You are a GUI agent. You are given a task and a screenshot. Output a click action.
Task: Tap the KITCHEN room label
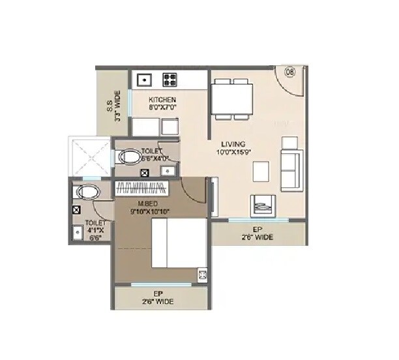[162, 100]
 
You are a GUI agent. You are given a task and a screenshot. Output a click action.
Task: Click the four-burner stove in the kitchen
[170, 80]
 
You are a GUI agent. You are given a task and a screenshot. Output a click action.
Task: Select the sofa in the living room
[291, 170]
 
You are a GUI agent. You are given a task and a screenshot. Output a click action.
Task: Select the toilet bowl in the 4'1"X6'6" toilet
[86, 192]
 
